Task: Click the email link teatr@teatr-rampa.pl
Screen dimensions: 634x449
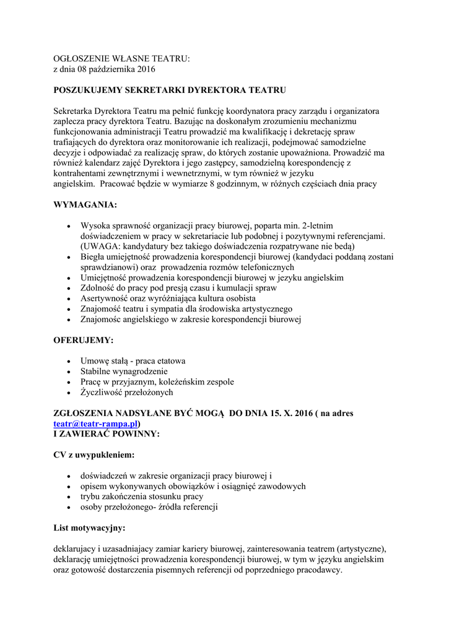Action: (95, 423)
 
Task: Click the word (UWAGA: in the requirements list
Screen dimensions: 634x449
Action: (98, 246)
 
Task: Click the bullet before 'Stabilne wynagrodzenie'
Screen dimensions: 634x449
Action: (68, 371)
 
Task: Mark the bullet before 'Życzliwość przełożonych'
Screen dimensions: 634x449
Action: (68, 393)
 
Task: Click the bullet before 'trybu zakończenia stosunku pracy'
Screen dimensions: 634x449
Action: (68, 497)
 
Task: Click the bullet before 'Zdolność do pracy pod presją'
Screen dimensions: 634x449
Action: (68, 288)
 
